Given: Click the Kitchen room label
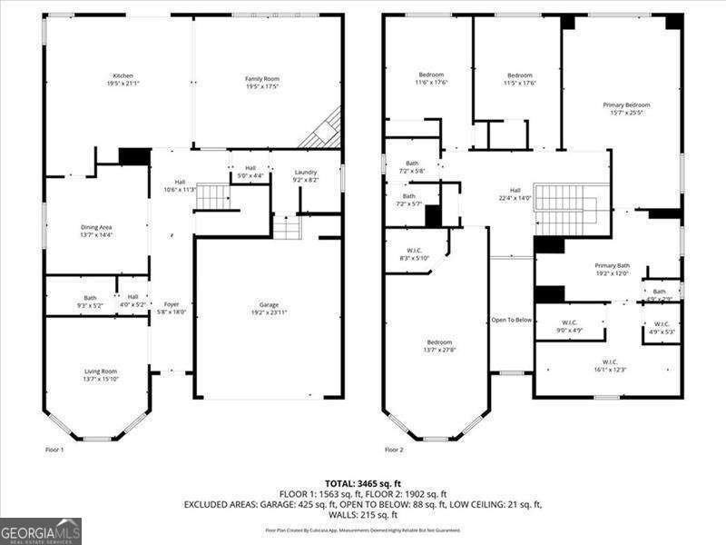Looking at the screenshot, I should click(x=123, y=80).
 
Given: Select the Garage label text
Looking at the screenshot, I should click(x=269, y=308).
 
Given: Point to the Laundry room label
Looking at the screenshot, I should click(x=305, y=175).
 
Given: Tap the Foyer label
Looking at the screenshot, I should click(x=172, y=308).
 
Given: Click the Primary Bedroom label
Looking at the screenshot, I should click(x=626, y=109).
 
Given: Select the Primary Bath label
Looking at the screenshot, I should click(x=612, y=270).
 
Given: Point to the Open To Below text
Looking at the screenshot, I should click(x=511, y=320).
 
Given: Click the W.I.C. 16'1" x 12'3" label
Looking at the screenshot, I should click(x=610, y=365).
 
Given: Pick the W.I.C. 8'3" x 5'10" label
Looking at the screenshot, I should click(x=412, y=254).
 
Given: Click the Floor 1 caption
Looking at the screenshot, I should click(x=54, y=450).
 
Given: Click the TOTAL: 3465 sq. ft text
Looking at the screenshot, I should click(x=362, y=483).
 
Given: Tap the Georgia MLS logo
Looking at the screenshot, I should click(x=41, y=530).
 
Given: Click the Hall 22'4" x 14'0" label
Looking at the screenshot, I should click(x=515, y=194).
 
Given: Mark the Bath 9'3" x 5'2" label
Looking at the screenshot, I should click(x=91, y=301).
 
